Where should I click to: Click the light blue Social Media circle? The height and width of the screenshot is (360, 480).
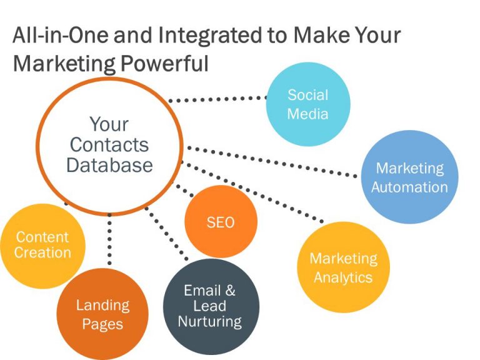pyautogui.click(x=307, y=105)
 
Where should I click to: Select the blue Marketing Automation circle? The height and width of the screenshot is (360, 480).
pyautogui.click(x=409, y=177)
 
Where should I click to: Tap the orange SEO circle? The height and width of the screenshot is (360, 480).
pyautogui.click(x=221, y=222)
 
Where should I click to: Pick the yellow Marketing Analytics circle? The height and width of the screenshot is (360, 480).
pyautogui.click(x=344, y=267)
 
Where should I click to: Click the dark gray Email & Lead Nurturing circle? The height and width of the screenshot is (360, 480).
pyautogui.click(x=209, y=306)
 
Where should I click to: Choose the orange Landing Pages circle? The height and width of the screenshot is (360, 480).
pyautogui.click(x=102, y=314)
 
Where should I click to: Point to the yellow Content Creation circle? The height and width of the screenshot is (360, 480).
pyautogui.click(x=42, y=244)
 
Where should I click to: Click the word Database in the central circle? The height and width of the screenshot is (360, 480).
pyautogui.click(x=109, y=165)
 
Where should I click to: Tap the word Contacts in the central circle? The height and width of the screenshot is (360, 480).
pyautogui.click(x=109, y=145)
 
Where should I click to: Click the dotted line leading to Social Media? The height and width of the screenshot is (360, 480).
pyautogui.click(x=219, y=99)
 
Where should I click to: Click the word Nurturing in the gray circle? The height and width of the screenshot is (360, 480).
pyautogui.click(x=209, y=322)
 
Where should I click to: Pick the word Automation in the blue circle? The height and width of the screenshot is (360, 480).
pyautogui.click(x=409, y=187)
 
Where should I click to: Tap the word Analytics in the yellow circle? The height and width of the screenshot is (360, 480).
pyautogui.click(x=343, y=277)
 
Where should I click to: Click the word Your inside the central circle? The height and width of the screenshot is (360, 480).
pyautogui.click(x=109, y=124)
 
